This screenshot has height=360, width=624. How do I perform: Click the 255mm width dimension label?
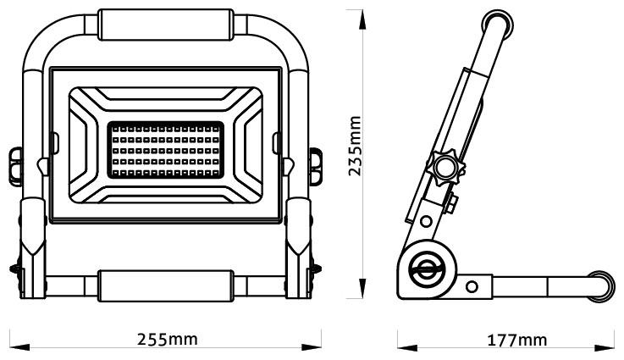(x=168, y=339)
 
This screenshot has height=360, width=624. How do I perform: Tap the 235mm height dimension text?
(x=356, y=146)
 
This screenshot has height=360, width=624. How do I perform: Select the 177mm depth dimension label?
(x=516, y=341)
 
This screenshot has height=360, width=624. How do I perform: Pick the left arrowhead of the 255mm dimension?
(x=12, y=346)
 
